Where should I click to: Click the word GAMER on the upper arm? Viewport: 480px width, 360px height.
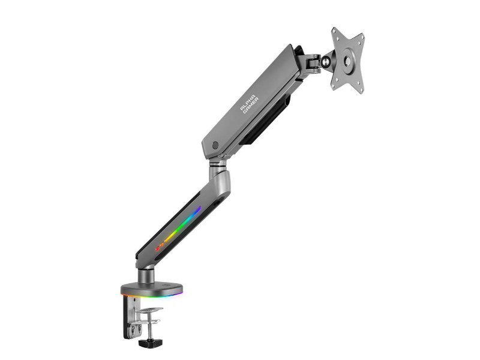pos(251,106)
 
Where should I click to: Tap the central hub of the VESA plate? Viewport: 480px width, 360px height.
pos(347,60)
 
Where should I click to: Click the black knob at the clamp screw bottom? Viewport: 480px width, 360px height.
pos(149,342)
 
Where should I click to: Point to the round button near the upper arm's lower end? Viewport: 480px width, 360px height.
pos(215,145)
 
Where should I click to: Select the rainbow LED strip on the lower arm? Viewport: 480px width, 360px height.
pos(178,228)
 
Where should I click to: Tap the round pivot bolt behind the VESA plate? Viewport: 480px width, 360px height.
pos(325,62)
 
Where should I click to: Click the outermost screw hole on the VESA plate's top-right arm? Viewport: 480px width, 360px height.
pos(362,37)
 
